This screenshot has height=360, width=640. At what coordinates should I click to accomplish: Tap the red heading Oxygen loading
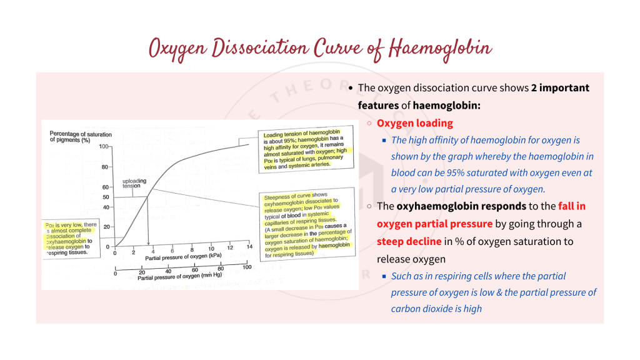[x=414, y=123]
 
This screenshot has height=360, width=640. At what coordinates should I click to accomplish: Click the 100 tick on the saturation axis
[x=104, y=146]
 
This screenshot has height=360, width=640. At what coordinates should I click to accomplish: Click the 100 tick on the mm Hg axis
[x=246, y=267]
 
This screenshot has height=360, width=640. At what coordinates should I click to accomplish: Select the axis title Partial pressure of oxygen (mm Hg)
[x=182, y=277]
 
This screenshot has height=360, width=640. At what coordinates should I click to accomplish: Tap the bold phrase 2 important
[x=560, y=88]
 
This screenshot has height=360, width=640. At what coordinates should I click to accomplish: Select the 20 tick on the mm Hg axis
[x=142, y=272]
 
